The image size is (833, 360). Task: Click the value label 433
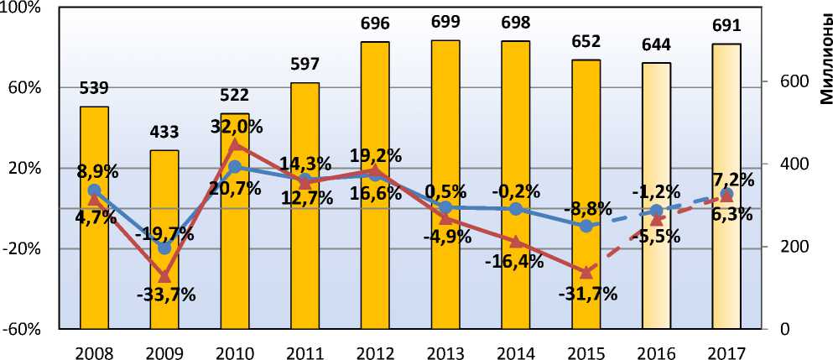tap(164, 133)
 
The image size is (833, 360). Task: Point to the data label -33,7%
tap(166, 295)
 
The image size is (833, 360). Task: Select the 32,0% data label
tap(237, 127)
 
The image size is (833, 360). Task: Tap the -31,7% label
tap(587, 294)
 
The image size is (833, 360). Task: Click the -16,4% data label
tap(514, 261)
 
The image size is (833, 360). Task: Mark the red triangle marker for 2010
tap(235, 144)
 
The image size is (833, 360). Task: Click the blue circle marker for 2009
tap(164, 248)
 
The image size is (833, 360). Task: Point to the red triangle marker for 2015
tap(586, 272)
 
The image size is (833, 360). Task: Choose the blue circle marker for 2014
tap(516, 209)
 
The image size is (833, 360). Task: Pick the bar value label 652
tap(586, 42)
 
